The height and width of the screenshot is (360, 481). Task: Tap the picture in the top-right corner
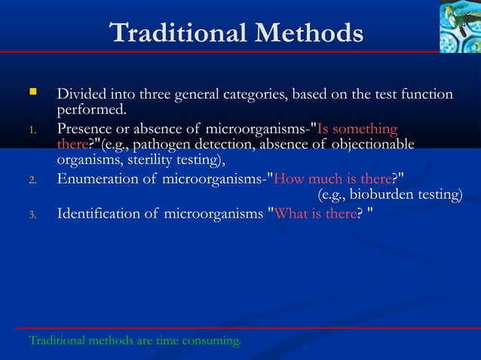tap(459, 26)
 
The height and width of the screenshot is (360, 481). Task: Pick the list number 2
tap(32, 180)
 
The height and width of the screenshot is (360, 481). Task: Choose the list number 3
tap(32, 215)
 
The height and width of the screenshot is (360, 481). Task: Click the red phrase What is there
tap(315, 214)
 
